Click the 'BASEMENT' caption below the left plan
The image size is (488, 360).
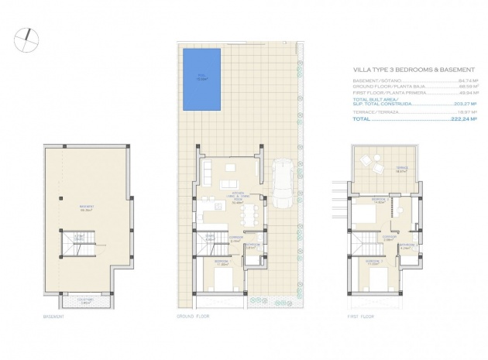click(53, 317)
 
